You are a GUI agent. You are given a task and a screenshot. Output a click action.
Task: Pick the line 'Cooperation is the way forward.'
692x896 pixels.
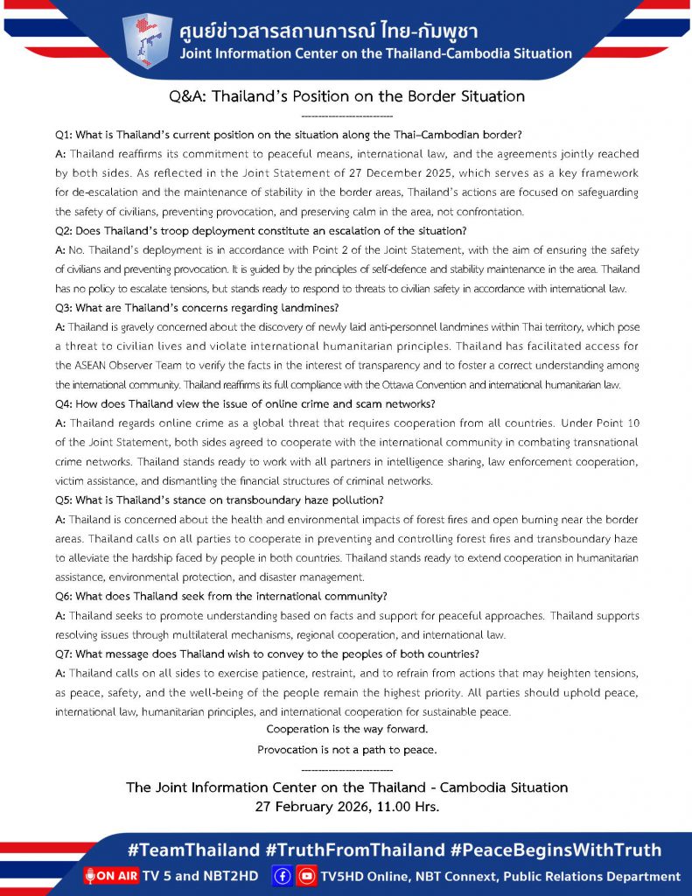click(346, 730)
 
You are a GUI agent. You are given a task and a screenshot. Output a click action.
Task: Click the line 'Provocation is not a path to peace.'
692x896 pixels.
click(346, 750)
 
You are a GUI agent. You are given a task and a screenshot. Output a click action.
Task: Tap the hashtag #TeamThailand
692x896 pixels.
click(193, 850)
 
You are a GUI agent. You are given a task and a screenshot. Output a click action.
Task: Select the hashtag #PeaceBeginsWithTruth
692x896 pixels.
click(554, 850)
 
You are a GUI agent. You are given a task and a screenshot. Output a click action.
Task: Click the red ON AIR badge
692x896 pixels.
click(112, 876)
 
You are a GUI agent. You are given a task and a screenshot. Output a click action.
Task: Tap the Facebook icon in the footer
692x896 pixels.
click(283, 876)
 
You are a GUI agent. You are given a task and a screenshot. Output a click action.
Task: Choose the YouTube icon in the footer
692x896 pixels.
click(307, 876)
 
